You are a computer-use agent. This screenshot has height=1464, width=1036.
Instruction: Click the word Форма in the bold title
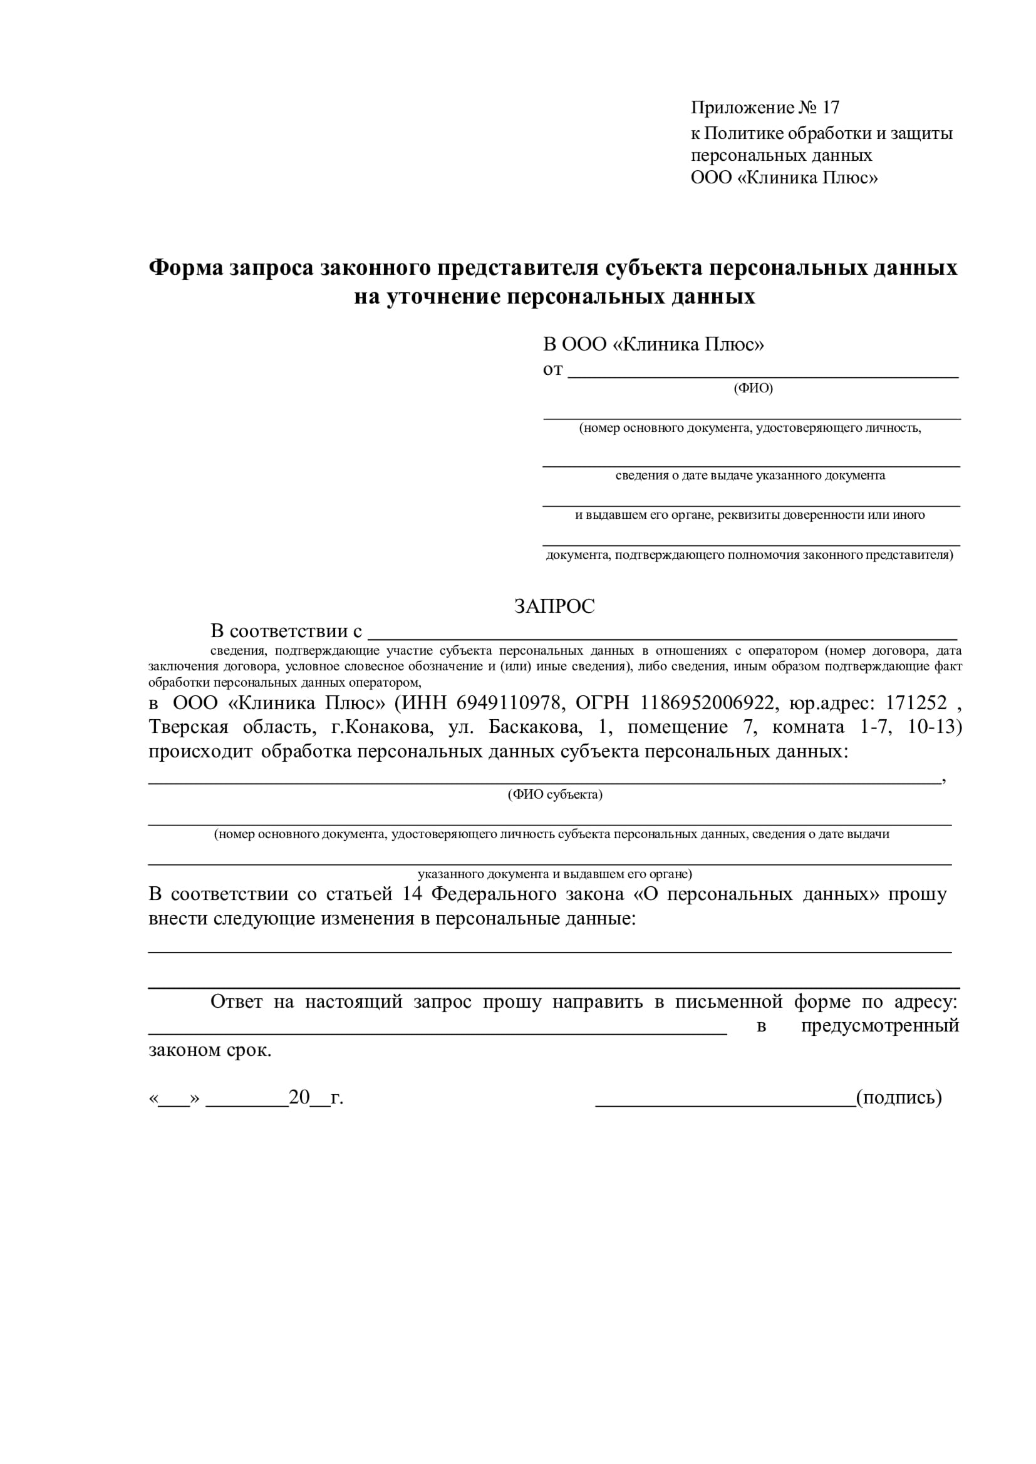(x=185, y=267)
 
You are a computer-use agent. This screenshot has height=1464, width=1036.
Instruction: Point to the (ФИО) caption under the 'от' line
(x=753, y=388)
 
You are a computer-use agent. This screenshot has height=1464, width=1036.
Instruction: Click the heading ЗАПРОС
(x=554, y=606)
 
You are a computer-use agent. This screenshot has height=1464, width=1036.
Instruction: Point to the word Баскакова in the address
(x=534, y=727)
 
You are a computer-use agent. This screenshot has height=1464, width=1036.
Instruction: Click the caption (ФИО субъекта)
(x=554, y=794)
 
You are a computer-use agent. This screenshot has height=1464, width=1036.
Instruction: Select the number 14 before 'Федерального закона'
(x=412, y=894)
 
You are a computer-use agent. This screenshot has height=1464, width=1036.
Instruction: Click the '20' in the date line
(x=299, y=1097)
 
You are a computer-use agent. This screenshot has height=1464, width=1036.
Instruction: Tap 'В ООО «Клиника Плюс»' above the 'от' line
(x=653, y=344)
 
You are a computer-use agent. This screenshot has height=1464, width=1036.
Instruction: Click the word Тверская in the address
(x=188, y=727)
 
